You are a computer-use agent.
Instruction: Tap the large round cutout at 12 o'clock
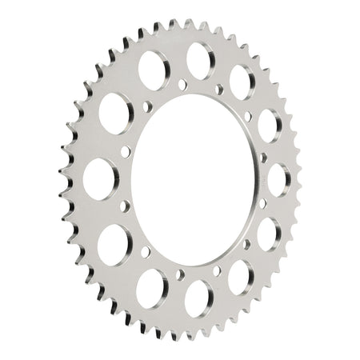(200, 60)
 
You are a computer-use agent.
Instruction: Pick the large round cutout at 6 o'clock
(198, 298)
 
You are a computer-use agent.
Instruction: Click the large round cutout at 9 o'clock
(99, 178)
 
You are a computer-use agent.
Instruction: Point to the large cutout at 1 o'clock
(242, 82)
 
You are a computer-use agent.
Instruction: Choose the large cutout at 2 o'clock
(269, 125)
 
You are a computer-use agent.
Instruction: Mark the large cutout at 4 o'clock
(269, 234)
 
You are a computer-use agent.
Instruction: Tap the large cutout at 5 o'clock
(240, 277)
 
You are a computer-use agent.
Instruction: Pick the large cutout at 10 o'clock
(115, 113)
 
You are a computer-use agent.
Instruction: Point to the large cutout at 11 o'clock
(152, 70)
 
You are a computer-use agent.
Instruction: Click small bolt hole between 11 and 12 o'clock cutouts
(181, 84)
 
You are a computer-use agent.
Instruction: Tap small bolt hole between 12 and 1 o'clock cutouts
(218, 90)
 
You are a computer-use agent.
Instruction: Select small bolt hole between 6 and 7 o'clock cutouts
(180, 274)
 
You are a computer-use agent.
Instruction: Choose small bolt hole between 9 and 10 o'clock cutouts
(126, 150)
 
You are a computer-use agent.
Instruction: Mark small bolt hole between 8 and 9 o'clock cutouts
(125, 206)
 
